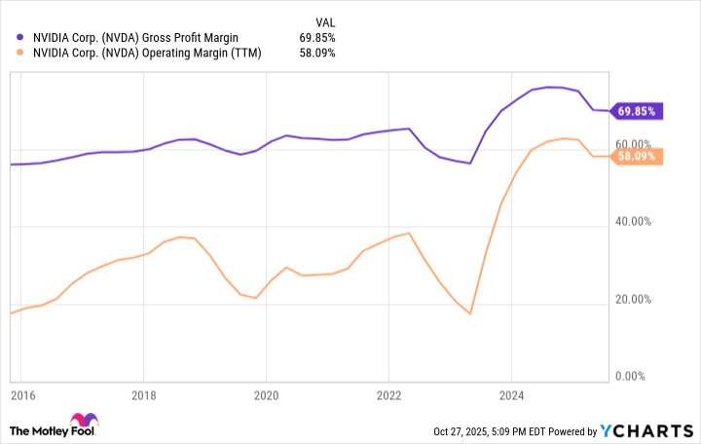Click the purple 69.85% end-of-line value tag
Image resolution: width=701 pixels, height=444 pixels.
(637, 111)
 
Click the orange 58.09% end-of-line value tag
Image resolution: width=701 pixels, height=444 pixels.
(637, 157)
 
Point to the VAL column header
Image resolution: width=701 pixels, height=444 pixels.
(324, 20)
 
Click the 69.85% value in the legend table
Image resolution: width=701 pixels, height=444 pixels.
(316, 37)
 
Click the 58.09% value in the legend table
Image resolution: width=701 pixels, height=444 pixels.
(316, 53)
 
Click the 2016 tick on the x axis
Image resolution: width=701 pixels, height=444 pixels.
(22, 396)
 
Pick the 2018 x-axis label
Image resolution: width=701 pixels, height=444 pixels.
(143, 396)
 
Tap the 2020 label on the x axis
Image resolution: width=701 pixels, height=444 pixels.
(266, 396)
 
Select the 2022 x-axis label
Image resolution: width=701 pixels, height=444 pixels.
(388, 396)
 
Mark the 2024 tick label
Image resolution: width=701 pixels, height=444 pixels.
(511, 396)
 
